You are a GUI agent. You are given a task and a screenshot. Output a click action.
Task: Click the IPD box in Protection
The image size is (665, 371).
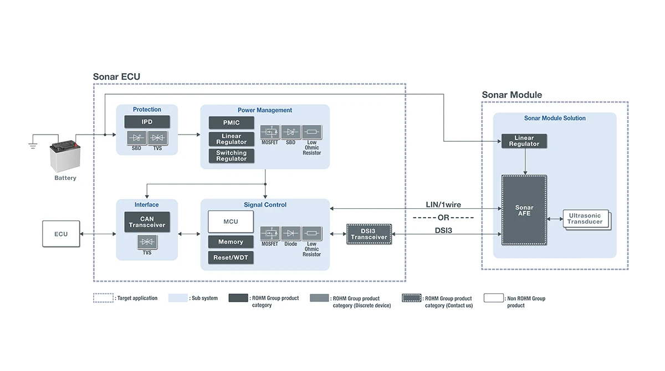(x=147, y=122)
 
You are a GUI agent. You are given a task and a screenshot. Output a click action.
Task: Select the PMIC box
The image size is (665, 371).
(x=232, y=122)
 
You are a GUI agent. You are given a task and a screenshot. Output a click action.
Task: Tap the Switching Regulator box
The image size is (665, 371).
(x=232, y=156)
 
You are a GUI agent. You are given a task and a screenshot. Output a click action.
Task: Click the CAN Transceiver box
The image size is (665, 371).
(x=147, y=222)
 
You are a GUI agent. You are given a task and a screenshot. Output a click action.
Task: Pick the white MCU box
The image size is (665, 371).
(x=231, y=221)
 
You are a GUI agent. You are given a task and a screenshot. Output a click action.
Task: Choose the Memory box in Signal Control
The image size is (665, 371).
(x=231, y=242)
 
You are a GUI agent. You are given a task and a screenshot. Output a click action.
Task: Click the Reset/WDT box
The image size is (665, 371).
(x=231, y=257)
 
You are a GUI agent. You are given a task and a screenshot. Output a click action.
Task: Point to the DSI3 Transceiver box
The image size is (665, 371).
(x=369, y=234)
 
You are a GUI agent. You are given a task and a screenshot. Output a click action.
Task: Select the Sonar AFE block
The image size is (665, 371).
(x=524, y=210)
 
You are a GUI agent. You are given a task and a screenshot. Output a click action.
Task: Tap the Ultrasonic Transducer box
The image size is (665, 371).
(x=585, y=219)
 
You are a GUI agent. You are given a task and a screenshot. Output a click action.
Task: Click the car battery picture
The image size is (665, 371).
(x=65, y=157)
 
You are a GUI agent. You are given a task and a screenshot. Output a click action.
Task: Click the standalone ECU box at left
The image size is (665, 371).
(x=61, y=234)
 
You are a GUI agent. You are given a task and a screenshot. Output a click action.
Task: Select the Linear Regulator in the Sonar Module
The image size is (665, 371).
(x=524, y=141)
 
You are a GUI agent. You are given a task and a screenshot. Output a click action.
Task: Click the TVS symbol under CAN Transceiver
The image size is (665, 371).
(x=147, y=242)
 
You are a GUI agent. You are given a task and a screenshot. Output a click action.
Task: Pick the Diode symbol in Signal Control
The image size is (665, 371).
(x=291, y=233)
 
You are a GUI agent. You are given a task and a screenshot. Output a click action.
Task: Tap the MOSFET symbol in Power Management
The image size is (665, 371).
(x=270, y=132)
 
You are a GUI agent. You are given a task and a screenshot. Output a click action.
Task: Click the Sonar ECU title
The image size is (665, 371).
(x=116, y=77)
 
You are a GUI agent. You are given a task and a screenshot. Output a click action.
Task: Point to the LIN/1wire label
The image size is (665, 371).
(x=443, y=205)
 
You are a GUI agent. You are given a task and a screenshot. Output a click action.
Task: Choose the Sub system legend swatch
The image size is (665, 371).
(x=178, y=298)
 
